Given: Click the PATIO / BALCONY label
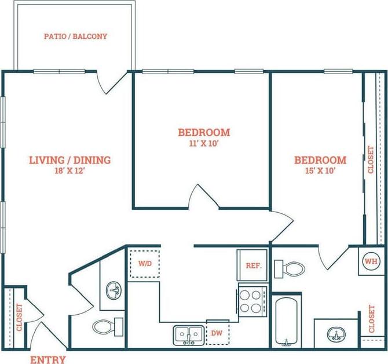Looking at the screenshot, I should pos(75,37).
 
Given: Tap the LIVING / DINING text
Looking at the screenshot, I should pos(70,160).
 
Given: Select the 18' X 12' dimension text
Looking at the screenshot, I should pos(70,172).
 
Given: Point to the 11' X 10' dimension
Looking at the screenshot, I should pos(203,144).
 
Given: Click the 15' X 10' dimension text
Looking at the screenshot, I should pos(320,171).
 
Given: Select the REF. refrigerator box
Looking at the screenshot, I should pos(252,266).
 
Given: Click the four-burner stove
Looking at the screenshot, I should pos(251,301).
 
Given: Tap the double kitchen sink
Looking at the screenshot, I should pos(188,334).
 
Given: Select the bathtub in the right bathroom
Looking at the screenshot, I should pos(286,322).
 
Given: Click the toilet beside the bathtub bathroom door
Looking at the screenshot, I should pos(290,268).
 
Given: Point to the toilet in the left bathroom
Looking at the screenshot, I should pos(105,326).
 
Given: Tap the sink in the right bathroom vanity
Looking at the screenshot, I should pos(334,334).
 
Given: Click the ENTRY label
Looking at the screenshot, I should pos(47,359).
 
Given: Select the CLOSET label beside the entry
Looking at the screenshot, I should pos(19,318).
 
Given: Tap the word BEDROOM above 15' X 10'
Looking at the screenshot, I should pos(320,160).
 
